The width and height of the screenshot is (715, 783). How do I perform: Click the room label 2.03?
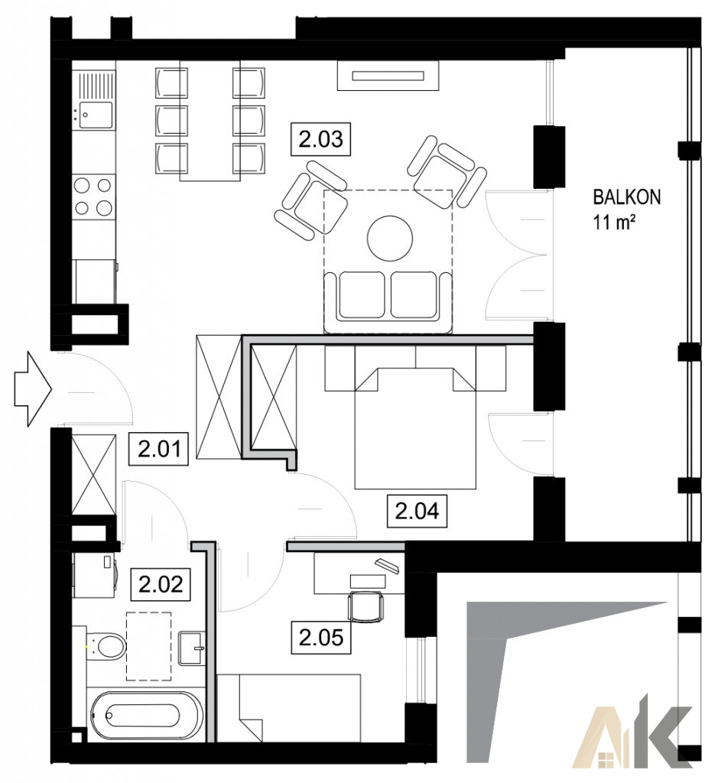pos(320,139)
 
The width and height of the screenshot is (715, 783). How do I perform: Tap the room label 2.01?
pos(159,450)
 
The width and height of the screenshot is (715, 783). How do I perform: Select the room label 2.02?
pos(161,583)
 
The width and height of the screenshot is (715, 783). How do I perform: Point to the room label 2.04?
pos(417,511)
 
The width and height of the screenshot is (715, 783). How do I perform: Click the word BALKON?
pos(626,197)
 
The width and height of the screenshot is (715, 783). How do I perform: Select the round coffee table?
pos(390,239)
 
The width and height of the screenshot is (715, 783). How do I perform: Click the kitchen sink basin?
pos(94,115)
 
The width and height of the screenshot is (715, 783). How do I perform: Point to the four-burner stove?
pos(93,197)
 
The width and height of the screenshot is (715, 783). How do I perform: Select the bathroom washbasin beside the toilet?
pos(190,648)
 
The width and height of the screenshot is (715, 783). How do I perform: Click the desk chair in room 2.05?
pos(367,606)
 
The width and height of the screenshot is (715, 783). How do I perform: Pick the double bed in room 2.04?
pos(414,427)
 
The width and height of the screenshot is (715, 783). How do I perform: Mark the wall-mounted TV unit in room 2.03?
pos(388,76)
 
